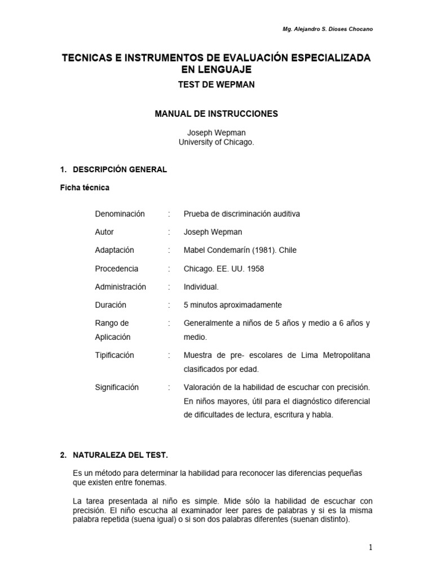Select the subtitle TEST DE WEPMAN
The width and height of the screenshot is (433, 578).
[x=216, y=84]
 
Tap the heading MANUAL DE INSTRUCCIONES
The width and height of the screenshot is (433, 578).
[x=216, y=113]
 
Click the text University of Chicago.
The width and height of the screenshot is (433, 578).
[x=216, y=143]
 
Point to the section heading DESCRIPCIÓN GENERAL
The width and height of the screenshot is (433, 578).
[x=118, y=169]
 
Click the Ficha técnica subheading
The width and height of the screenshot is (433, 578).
[x=85, y=187]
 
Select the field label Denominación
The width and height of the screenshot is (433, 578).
[x=120, y=214]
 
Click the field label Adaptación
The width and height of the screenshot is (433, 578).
[x=114, y=250]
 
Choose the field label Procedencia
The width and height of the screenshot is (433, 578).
[x=116, y=269]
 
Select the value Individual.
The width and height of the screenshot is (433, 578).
[x=201, y=287]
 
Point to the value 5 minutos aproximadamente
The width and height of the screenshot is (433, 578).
[x=232, y=305]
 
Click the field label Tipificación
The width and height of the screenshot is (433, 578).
[x=114, y=355]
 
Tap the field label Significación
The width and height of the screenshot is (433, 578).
[x=117, y=387]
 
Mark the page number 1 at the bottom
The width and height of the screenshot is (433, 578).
[x=370, y=547]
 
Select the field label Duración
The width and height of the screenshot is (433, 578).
[x=111, y=305]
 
